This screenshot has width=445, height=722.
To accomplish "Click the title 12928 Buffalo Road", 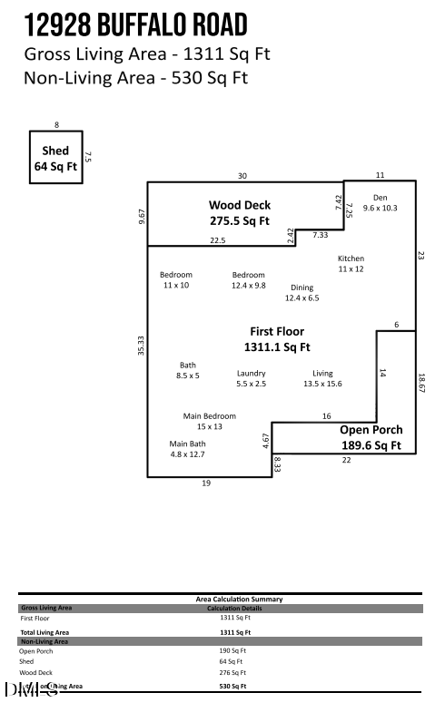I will click(x=136, y=24).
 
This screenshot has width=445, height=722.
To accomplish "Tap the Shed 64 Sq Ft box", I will click(x=55, y=158).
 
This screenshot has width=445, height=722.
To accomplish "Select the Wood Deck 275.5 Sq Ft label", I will click(x=240, y=212).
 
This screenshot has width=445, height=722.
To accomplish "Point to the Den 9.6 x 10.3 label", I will click(x=381, y=202).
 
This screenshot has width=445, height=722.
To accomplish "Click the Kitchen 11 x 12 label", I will click(x=351, y=263).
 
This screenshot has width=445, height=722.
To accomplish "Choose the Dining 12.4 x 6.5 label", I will click(x=302, y=293).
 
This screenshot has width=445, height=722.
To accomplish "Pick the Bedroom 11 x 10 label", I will click(x=175, y=280).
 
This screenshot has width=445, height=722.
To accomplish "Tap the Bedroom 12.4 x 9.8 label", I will click(x=248, y=280).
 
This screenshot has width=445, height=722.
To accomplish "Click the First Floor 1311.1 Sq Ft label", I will click(x=277, y=339).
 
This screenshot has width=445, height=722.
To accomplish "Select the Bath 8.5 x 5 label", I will click(x=187, y=370).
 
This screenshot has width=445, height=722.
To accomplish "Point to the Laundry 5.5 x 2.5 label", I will click(x=251, y=378).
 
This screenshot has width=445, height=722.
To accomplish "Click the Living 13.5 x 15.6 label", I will click(x=322, y=378).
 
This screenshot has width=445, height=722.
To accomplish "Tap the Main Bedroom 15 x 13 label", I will click(x=209, y=421).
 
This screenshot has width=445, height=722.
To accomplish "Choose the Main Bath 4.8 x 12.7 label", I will click(x=187, y=449).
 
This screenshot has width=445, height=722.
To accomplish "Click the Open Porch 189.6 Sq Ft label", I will click(x=371, y=437).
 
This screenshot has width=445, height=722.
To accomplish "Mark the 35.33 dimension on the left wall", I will click(x=141, y=345).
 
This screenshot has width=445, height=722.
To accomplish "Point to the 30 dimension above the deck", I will click(x=242, y=176).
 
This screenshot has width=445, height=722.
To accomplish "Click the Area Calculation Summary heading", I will click(x=239, y=599).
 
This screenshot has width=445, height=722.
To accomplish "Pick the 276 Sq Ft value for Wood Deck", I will click(x=232, y=673).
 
